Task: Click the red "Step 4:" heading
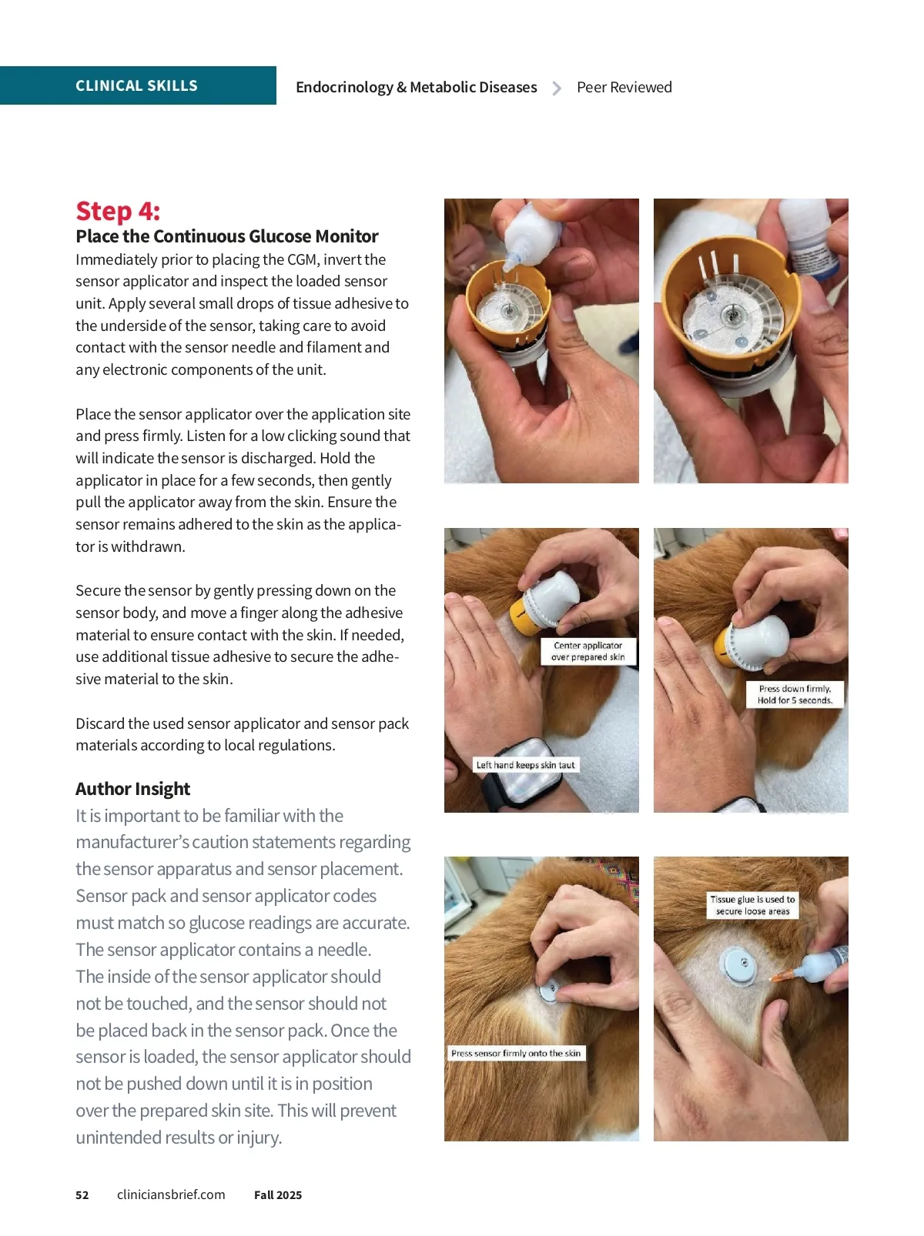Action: point(118,211)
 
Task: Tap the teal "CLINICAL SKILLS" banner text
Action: point(136,85)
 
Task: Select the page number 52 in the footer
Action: point(82,1195)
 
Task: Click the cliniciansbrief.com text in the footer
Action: point(171,1194)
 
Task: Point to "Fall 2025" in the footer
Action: point(278,1195)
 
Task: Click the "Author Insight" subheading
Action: point(133,789)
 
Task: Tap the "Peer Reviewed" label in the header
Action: point(624,87)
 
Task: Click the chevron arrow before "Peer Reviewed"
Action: point(556,89)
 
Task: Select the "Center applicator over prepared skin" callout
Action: point(588,651)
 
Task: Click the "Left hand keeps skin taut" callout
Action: point(526,765)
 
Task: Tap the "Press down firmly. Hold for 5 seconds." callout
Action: point(795,694)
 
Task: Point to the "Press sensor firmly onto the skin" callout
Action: point(516,1053)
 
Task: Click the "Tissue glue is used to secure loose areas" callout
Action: point(752,905)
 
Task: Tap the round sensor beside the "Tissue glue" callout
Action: point(742,964)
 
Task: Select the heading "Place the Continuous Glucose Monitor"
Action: point(227,236)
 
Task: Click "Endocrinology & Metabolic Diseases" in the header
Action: point(417,87)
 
